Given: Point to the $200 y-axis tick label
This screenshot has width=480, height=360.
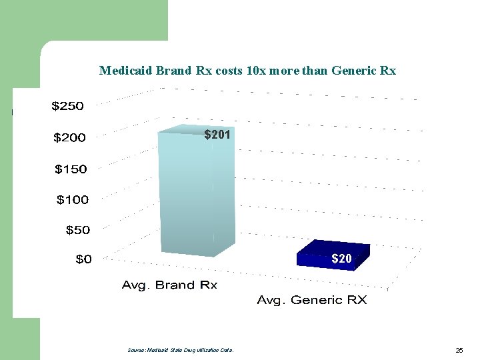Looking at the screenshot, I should click(70, 138).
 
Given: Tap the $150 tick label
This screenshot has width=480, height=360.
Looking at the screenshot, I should click(71, 169).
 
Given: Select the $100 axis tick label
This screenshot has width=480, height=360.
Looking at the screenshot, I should click(73, 199).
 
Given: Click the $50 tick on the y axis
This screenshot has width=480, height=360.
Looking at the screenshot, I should click(78, 230).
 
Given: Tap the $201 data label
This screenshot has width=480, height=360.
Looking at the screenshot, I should click(217, 135).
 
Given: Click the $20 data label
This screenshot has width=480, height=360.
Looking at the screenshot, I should click(341, 259).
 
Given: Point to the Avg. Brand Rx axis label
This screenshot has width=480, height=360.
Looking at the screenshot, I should click(169, 285).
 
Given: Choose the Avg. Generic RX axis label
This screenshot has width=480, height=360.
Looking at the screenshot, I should click(312, 300).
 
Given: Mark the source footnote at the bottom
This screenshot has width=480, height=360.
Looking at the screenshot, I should click(180, 349).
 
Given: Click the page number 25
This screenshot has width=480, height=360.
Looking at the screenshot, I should click(459, 349).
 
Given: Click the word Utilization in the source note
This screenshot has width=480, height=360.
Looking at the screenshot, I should click(202, 349).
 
